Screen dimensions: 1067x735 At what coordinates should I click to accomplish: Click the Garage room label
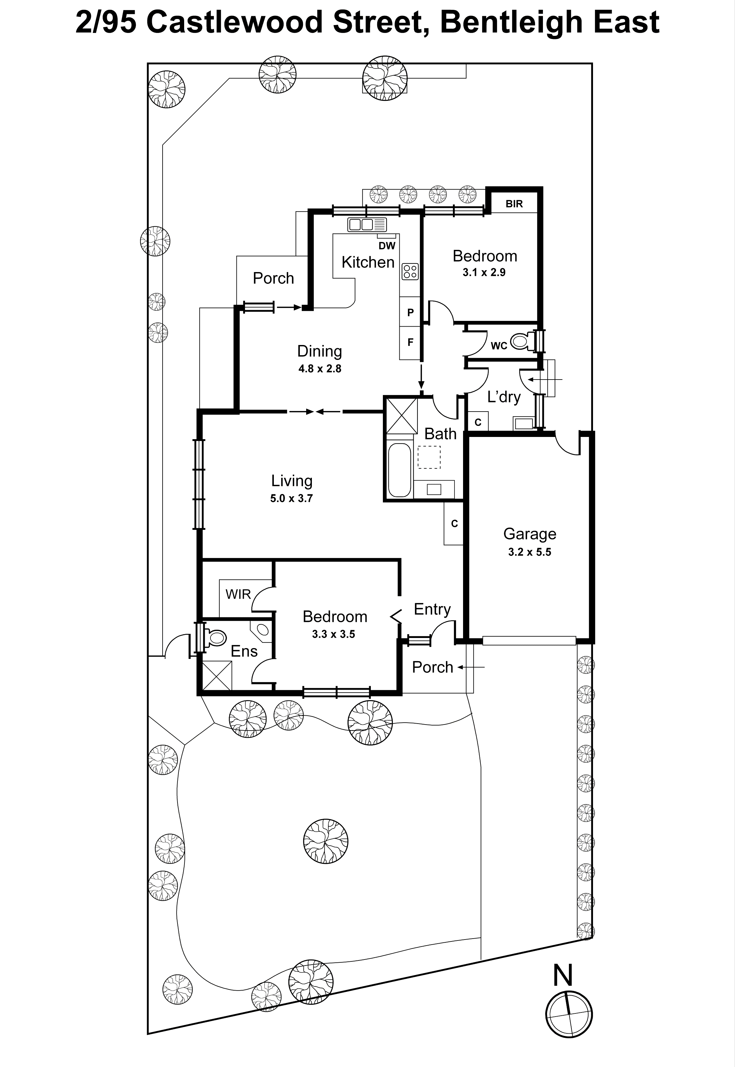click(x=530, y=533)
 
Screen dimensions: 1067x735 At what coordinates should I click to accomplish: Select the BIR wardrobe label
click(x=514, y=204)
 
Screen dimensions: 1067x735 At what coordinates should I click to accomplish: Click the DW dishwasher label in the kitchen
click(x=387, y=245)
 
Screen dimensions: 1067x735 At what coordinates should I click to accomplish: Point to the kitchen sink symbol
click(x=367, y=224)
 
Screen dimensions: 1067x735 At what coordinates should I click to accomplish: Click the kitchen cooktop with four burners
click(x=410, y=271)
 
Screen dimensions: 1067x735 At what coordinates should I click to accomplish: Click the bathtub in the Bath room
click(x=399, y=470)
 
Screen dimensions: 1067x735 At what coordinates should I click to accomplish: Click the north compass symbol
click(x=569, y=1014)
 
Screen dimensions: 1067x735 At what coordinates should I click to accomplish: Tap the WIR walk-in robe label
click(x=238, y=594)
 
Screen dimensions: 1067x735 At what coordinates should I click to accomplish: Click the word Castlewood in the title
click(x=235, y=22)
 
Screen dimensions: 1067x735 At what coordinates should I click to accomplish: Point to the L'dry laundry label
click(x=504, y=397)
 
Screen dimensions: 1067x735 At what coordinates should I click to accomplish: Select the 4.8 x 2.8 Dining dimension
click(x=319, y=368)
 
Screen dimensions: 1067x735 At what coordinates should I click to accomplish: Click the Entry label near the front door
click(x=432, y=609)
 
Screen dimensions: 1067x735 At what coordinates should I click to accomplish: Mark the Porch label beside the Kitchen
click(x=273, y=278)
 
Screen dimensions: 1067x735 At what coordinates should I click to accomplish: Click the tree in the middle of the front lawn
click(x=326, y=841)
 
